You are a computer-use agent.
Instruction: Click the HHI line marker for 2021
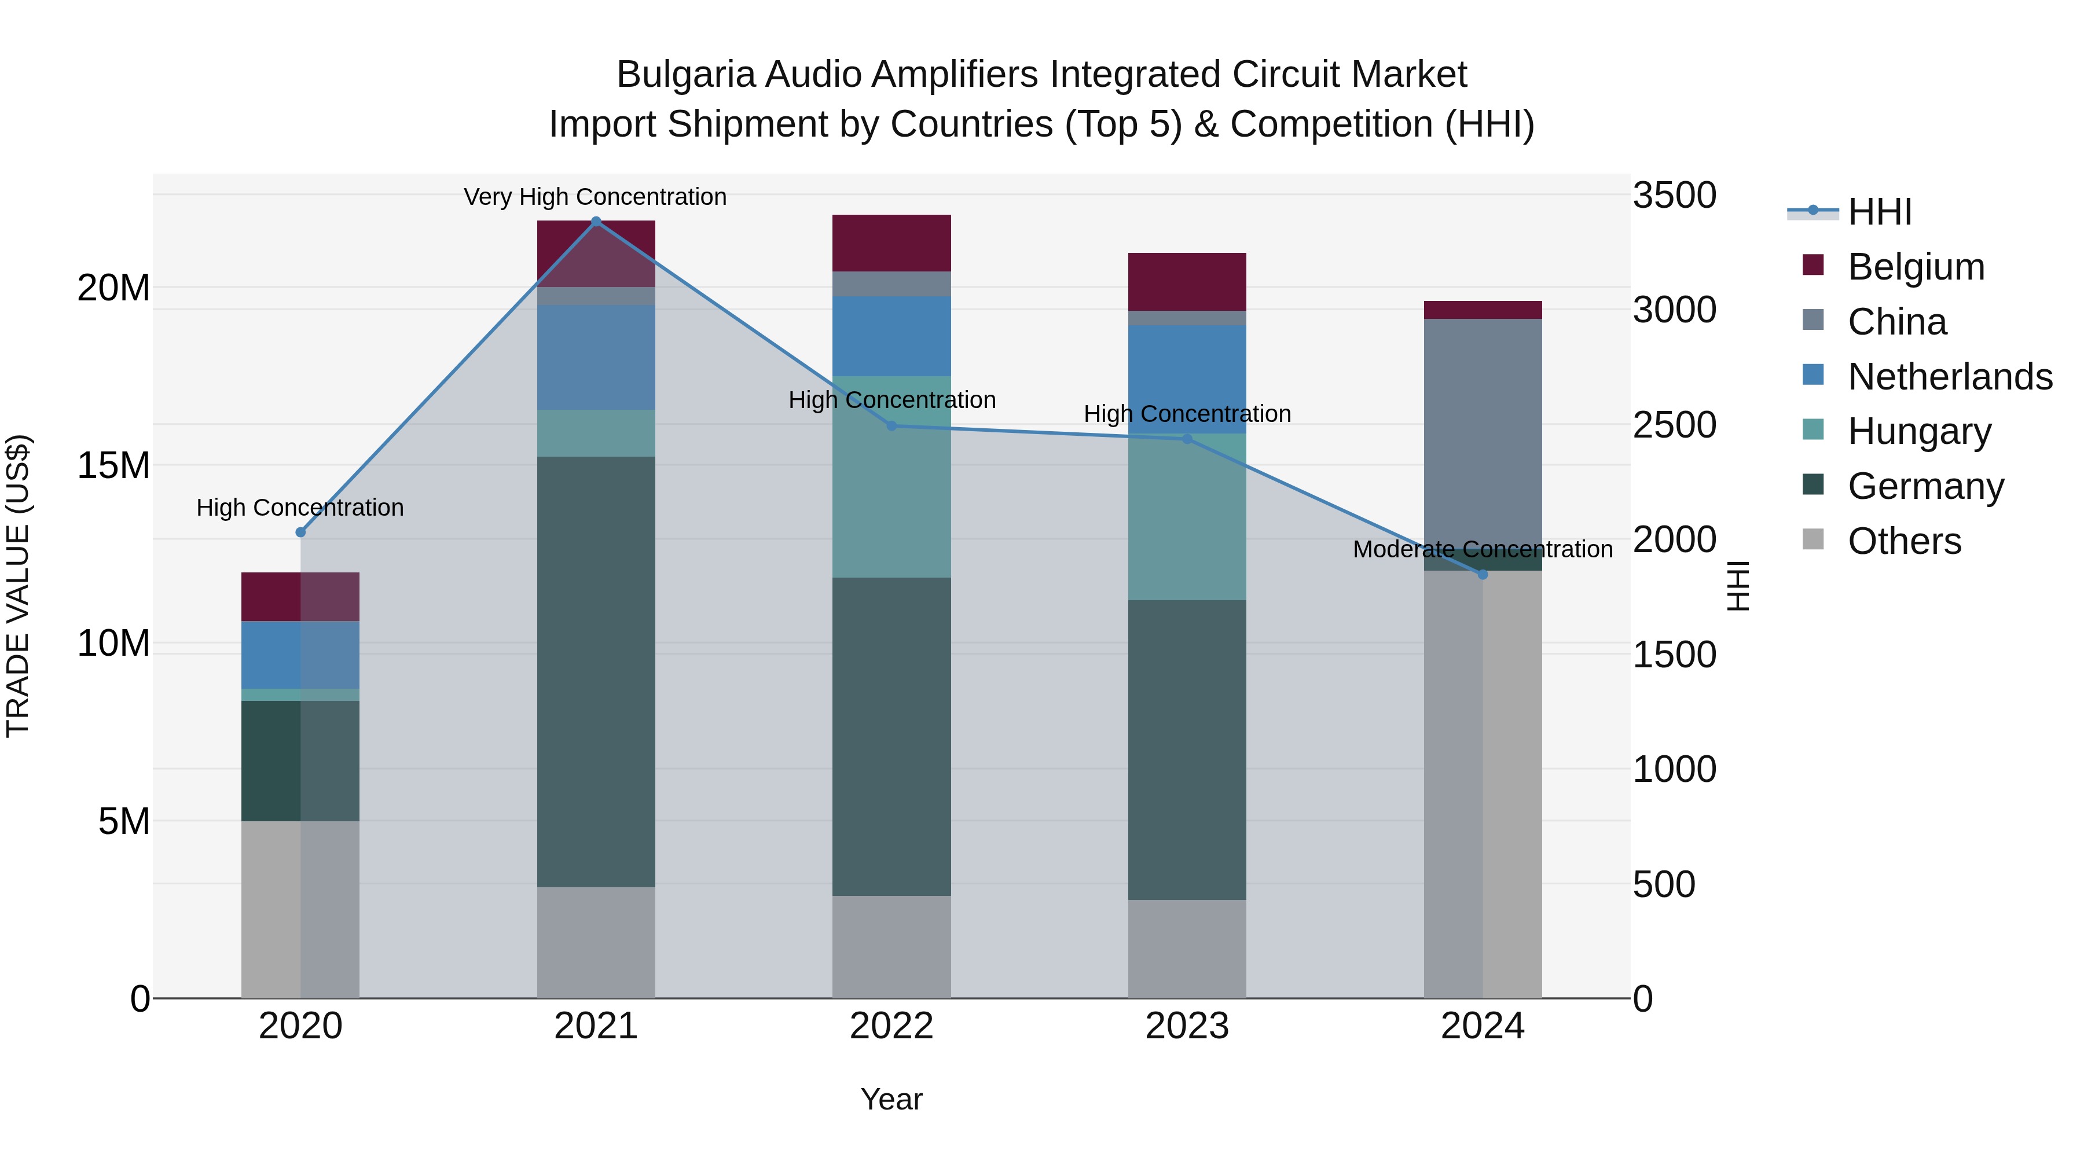coord(596,221)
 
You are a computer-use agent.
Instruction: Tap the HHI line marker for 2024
coord(1483,574)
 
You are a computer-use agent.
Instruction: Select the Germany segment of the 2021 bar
coord(596,671)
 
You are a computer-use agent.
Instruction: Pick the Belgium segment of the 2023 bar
coord(1187,281)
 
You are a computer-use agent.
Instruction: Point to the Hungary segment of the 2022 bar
coord(891,477)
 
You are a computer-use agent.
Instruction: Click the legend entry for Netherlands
coord(1950,377)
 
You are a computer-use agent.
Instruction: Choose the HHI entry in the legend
coord(1879,212)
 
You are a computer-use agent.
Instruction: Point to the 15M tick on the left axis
coord(113,466)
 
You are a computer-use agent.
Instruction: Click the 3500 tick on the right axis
coord(1674,196)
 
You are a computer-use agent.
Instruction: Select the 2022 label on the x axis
coord(891,1026)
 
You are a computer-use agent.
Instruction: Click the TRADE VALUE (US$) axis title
coord(18,586)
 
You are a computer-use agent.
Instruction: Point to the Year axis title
coord(891,1099)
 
